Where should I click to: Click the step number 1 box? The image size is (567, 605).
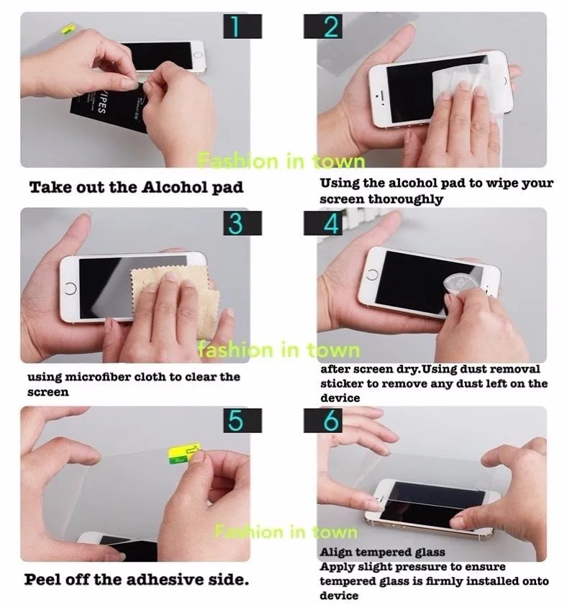coord(235,27)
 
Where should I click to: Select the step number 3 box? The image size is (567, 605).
coord(235,223)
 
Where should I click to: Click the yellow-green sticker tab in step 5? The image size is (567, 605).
coord(179,451)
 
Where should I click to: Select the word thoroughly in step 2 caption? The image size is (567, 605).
coord(405,199)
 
